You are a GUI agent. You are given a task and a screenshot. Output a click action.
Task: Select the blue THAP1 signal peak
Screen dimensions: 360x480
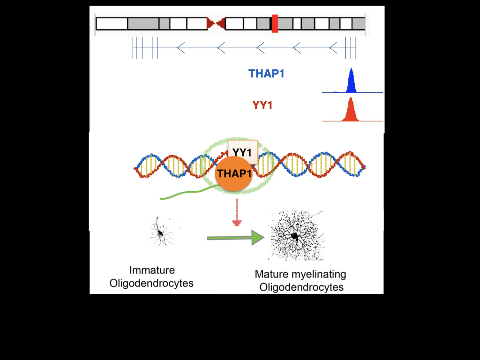351,82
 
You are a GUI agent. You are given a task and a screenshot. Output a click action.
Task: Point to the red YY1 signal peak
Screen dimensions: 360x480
350,111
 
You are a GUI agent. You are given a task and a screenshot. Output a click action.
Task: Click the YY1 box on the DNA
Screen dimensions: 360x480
242,152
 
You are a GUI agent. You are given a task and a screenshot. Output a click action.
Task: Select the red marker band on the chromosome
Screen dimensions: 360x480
275,23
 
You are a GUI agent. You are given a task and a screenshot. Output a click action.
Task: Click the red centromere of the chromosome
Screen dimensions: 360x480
216,23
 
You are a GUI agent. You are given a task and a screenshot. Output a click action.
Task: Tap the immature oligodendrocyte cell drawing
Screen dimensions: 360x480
161,232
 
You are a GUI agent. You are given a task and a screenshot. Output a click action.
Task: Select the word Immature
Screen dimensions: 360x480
152,270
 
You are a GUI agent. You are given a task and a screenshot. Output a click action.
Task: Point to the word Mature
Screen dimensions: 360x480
269,274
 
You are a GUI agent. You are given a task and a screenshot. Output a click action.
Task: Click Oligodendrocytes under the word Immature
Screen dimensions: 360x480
151,283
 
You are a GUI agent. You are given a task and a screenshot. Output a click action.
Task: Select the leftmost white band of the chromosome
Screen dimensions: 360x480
112,23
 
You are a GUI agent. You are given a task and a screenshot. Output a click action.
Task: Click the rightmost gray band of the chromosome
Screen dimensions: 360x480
359,23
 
